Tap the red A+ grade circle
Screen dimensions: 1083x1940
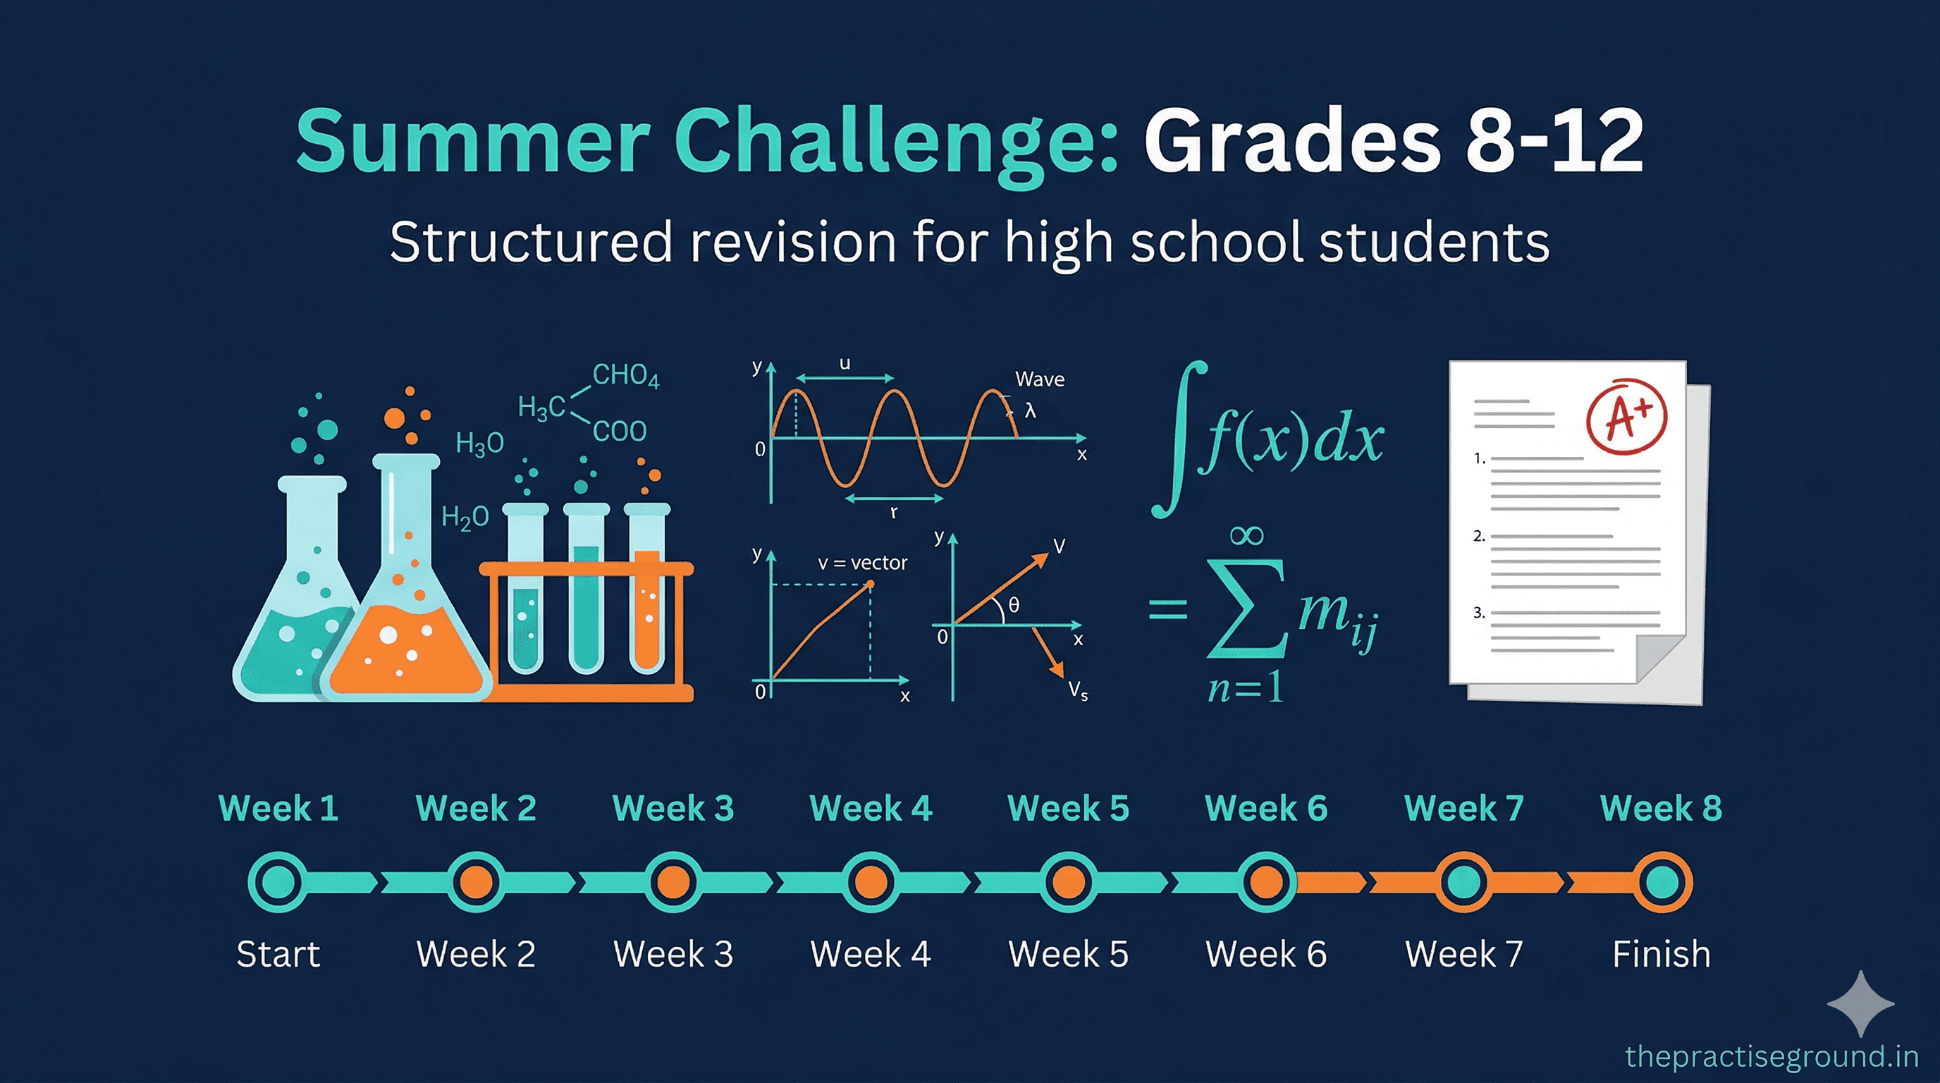(1627, 417)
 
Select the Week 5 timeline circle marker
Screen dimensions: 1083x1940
(1068, 881)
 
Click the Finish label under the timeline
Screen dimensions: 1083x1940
(1662, 954)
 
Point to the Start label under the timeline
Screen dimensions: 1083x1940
(278, 954)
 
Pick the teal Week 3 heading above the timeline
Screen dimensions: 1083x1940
(673, 808)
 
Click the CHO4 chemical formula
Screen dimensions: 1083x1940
(625, 375)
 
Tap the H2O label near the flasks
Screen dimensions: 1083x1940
(465, 518)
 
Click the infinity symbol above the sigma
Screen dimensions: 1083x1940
(1246, 535)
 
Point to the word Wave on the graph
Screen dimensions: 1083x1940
(1039, 379)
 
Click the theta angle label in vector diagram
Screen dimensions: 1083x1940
(1014, 605)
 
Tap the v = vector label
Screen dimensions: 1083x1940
(862, 563)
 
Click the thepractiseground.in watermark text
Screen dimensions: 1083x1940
(1772, 1056)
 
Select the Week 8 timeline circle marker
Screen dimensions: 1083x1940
(1662, 881)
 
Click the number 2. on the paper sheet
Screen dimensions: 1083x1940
(1479, 537)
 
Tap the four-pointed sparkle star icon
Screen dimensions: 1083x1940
(1861, 1004)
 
